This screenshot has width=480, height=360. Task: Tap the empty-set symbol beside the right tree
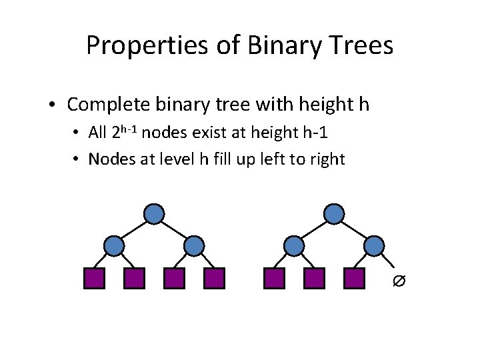coord(398,283)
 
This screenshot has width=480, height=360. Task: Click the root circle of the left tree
coord(154,213)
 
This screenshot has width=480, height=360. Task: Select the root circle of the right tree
coord(334,213)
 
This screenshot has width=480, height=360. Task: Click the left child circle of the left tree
coord(114,246)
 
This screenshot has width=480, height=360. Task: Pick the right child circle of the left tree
coord(194,246)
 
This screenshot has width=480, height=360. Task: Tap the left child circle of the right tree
coord(294,246)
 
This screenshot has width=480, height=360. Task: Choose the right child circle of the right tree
coord(374,246)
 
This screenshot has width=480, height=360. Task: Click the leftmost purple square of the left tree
coord(94,278)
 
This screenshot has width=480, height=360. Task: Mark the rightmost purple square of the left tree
coord(214,278)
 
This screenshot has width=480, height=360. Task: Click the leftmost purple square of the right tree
coord(274,278)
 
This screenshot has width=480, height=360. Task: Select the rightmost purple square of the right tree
coord(354,278)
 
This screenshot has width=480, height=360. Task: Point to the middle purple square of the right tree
coord(314,278)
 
